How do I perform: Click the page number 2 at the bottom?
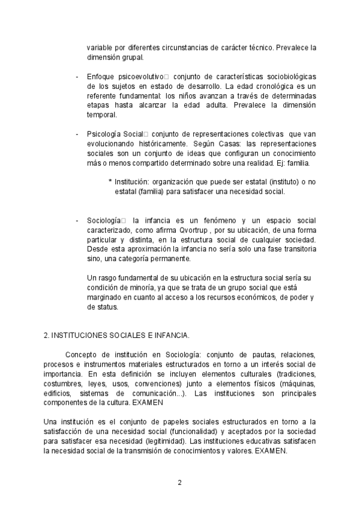[x=179, y=482]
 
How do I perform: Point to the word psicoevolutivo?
[x=140, y=77]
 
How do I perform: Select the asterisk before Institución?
[x=110, y=181]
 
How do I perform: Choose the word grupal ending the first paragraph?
[x=131, y=58]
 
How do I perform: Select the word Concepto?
[x=83, y=354]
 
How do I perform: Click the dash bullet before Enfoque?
[x=77, y=77]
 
